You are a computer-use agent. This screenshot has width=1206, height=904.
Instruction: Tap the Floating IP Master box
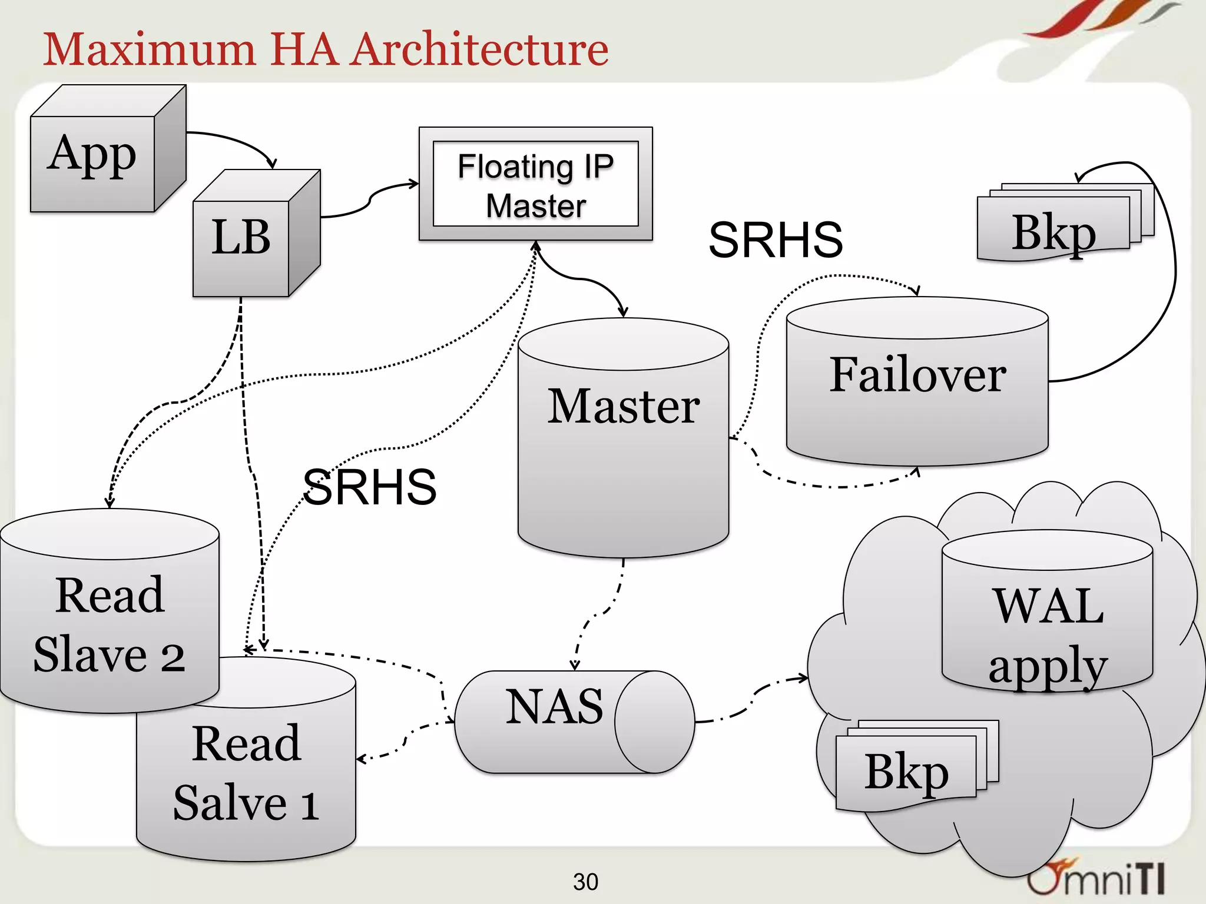(x=535, y=184)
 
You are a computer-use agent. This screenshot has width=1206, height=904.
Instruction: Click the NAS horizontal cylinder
(x=556, y=722)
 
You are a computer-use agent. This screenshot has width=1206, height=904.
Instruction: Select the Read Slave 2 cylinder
(x=110, y=624)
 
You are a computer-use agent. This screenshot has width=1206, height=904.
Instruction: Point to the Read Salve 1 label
(x=246, y=772)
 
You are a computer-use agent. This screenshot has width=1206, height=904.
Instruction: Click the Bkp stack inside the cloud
(x=907, y=771)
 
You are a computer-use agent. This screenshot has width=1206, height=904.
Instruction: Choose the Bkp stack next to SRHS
(x=1054, y=232)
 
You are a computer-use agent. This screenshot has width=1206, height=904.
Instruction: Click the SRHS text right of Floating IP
(x=776, y=240)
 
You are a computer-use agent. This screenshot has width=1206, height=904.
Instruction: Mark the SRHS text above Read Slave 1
(x=369, y=487)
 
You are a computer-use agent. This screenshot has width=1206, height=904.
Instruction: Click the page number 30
(x=585, y=882)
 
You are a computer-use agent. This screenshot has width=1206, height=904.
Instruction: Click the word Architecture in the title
(x=480, y=49)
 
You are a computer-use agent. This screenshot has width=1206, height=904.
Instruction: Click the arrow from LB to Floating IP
(x=370, y=200)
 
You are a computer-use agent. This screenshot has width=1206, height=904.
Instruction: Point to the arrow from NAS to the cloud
(x=754, y=694)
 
